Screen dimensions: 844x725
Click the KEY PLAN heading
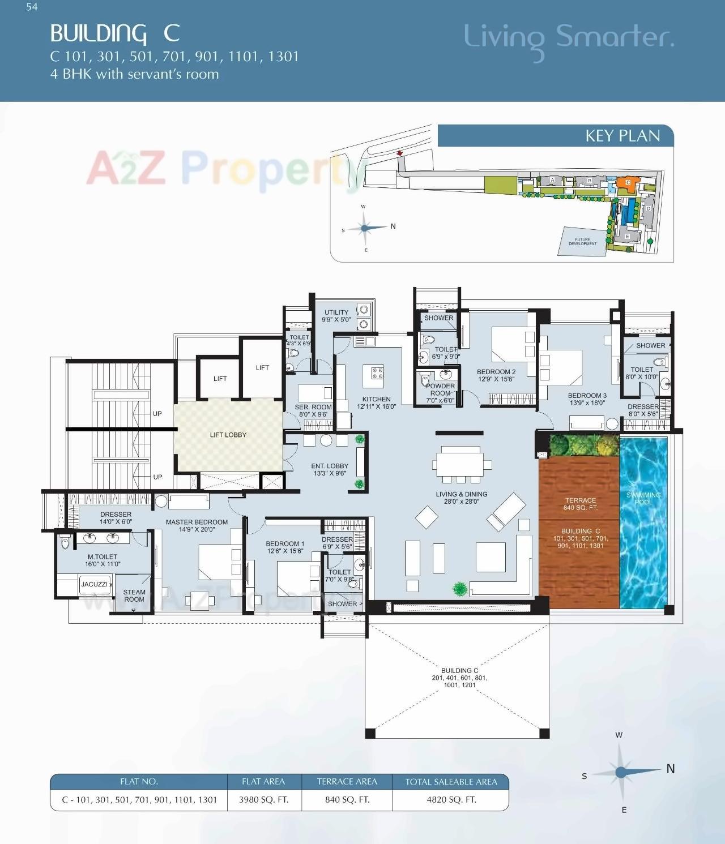click(622, 136)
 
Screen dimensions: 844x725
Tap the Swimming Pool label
click(643, 498)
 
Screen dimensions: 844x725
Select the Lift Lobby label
click(228, 435)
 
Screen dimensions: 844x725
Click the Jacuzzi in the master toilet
click(95, 584)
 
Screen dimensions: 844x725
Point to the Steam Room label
click(134, 595)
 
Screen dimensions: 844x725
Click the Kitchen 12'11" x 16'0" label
click(376, 402)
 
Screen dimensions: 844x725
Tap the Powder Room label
click(440, 389)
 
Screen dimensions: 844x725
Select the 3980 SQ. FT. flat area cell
click(263, 800)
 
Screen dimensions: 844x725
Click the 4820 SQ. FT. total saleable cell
click(451, 800)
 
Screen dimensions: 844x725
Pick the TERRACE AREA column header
click(347, 782)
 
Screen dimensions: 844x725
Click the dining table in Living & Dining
click(459, 464)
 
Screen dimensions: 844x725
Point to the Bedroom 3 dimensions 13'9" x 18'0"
click(587, 403)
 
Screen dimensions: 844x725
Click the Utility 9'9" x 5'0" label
click(336, 316)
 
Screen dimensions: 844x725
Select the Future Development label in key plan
click(582, 242)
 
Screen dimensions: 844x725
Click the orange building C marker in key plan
click(628, 182)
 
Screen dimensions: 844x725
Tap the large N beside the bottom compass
click(671, 769)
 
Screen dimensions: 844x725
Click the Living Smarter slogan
click(569, 37)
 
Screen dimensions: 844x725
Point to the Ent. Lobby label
click(330, 469)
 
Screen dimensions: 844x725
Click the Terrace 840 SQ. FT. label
click(580, 504)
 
